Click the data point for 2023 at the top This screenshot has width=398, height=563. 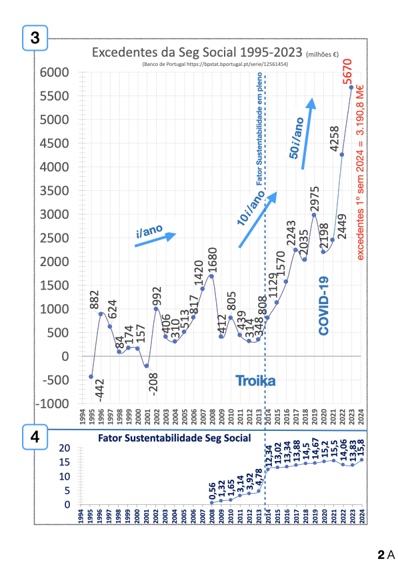(x=351, y=87)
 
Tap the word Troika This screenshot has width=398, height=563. (x=255, y=381)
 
